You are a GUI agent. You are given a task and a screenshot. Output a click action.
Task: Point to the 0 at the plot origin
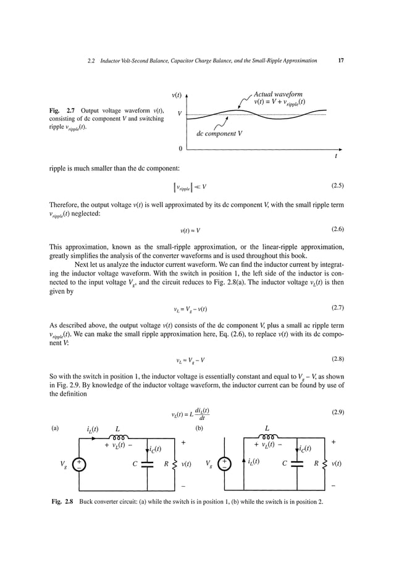tap(180, 149)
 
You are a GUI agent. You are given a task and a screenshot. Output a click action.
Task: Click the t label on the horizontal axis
tap(335, 156)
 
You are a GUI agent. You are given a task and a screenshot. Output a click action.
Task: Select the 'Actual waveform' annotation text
tap(278, 94)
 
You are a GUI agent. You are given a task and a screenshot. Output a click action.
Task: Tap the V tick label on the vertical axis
tap(179, 114)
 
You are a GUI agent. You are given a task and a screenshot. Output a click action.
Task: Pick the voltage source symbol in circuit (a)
tap(79, 463)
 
